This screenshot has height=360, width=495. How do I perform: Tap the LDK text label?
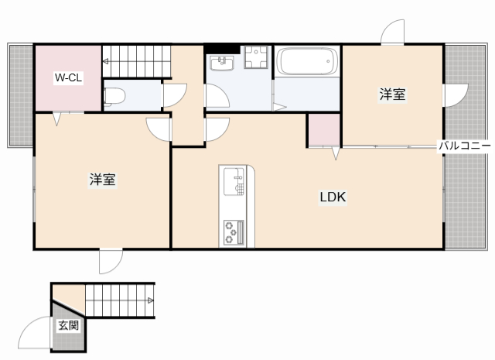pyautogui.click(x=333, y=197)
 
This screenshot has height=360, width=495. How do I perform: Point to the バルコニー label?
pyautogui.click(x=464, y=146)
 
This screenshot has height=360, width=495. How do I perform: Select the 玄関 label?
pyautogui.click(x=68, y=325)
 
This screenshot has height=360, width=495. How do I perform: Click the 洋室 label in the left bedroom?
pyautogui.click(x=102, y=180)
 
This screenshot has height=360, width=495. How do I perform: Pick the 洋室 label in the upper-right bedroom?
pyautogui.click(x=392, y=94)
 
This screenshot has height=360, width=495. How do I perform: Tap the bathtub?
pyautogui.click(x=307, y=61)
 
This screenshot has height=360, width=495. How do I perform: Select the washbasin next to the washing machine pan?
pyautogui.click(x=224, y=61)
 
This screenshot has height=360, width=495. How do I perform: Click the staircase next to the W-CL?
pyautogui.click(x=136, y=60)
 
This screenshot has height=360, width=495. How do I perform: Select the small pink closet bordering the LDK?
pyautogui.click(x=324, y=129)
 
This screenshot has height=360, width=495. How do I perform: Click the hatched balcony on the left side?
pyautogui.click(x=21, y=93)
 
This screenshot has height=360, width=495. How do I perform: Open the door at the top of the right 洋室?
pyautogui.click(x=393, y=32)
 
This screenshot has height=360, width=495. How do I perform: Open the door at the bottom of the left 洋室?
pyautogui.click(x=110, y=261)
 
